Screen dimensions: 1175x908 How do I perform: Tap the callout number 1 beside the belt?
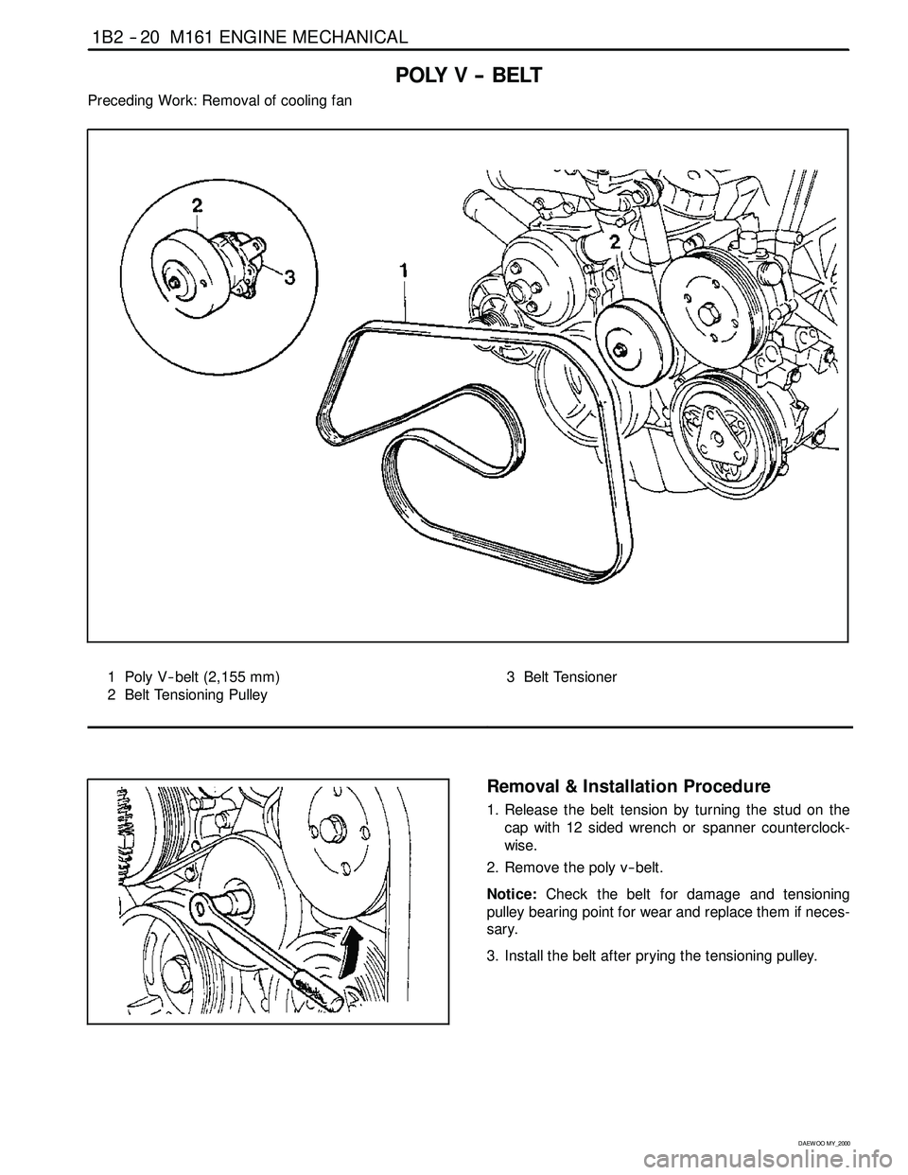click(404, 271)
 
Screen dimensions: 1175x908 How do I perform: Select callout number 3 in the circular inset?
click(290, 277)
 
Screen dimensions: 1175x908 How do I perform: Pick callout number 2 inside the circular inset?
click(198, 204)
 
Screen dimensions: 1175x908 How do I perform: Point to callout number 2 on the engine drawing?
click(614, 241)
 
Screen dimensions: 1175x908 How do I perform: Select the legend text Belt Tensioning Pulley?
click(196, 695)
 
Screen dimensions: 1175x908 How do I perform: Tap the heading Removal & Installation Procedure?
click(628, 786)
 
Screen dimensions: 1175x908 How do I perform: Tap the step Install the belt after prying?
click(660, 955)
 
